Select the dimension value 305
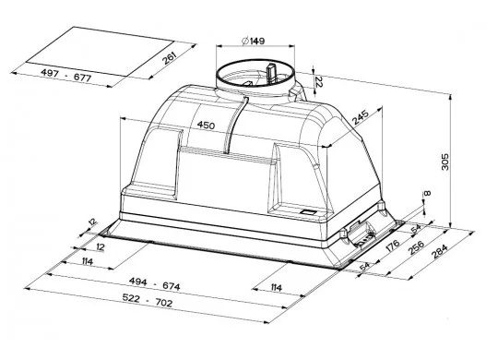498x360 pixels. pyautogui.click(x=445, y=162)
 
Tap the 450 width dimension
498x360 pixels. pyautogui.click(x=206, y=125)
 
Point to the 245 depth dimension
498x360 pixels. pyautogui.click(x=361, y=117)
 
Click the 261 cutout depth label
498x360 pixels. pyautogui.click(x=170, y=58)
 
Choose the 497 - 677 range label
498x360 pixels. pyautogui.click(x=66, y=76)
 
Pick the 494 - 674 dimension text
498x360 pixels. pyautogui.click(x=154, y=284)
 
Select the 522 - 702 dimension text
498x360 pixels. pyautogui.click(x=148, y=300)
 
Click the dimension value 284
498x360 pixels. pyautogui.click(x=440, y=252)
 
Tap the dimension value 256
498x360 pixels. pyautogui.click(x=416, y=247)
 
